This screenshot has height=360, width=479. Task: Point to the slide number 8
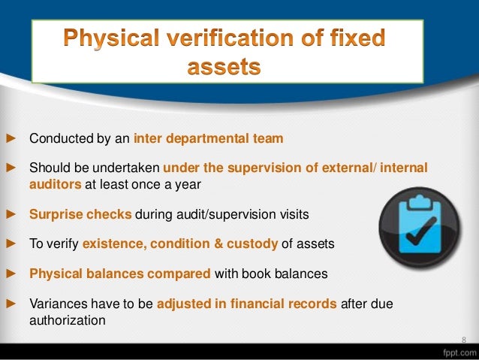(463, 339)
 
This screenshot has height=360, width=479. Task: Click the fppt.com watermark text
(453, 351)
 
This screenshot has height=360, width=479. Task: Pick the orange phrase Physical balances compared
(120, 274)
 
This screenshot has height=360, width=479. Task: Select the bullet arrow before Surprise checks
(11, 214)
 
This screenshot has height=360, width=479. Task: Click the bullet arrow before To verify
(11, 244)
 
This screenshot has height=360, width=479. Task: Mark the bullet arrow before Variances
(11, 304)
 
